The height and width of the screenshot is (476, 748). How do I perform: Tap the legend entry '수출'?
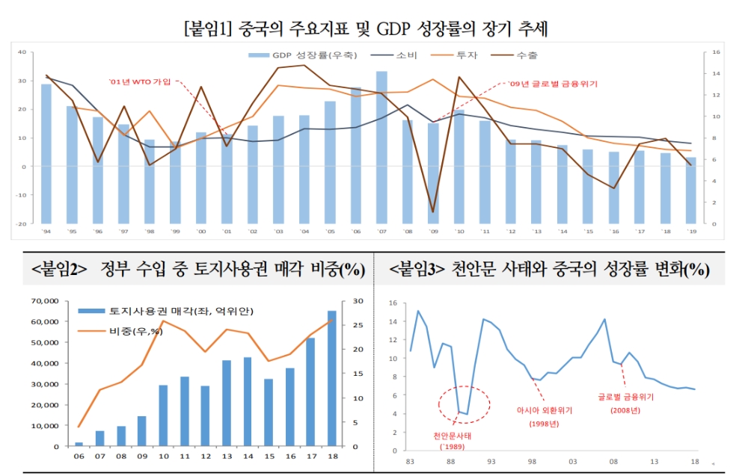click(x=527, y=55)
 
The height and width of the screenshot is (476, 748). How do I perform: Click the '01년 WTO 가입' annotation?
click(x=140, y=81)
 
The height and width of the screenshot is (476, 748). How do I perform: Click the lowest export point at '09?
click(x=433, y=211)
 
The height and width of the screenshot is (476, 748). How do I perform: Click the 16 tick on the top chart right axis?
click(x=716, y=52)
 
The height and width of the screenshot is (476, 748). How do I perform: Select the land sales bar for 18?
click(x=331, y=378)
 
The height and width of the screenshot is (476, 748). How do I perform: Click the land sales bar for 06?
click(x=79, y=444)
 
